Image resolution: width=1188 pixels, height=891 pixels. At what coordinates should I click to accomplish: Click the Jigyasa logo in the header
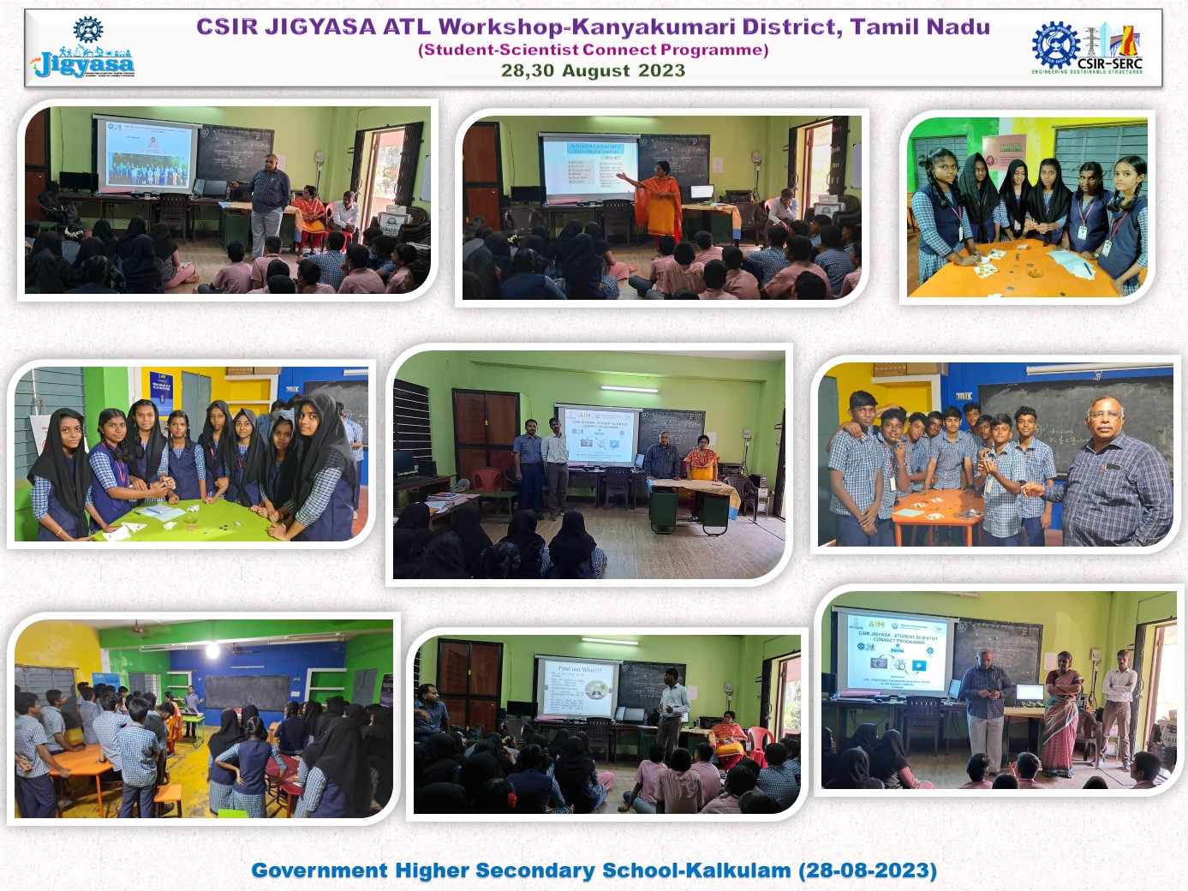[x=83, y=51]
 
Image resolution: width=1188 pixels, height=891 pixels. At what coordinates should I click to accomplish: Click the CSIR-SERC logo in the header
[x=1087, y=48]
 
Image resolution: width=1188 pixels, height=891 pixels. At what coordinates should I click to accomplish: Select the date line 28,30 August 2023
[x=593, y=70]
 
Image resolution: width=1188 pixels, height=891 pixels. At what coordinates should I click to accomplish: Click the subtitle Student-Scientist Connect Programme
[x=593, y=50]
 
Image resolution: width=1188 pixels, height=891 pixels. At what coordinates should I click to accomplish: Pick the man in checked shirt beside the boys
[x=1113, y=480]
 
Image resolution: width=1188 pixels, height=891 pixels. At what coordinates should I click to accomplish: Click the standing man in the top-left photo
[x=269, y=202]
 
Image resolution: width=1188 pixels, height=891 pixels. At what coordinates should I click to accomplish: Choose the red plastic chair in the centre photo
[x=487, y=480]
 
